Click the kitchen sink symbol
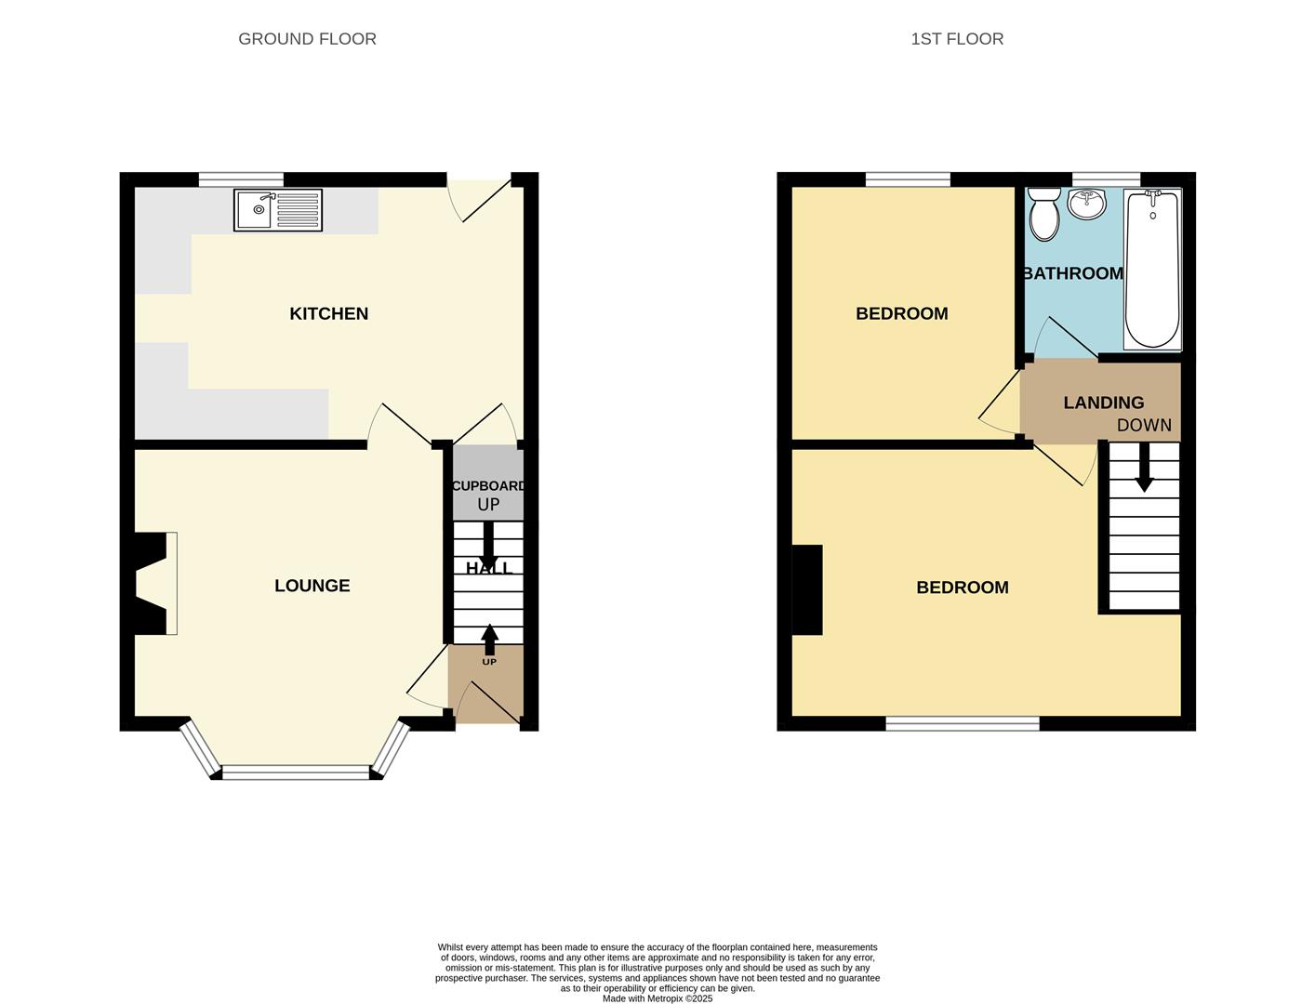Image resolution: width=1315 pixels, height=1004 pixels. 277,210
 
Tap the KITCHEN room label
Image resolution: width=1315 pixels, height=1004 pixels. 328,314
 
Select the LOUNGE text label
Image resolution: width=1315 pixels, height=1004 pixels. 312,586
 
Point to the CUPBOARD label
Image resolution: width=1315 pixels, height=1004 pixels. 488,486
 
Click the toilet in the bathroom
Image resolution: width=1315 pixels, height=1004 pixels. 1044,215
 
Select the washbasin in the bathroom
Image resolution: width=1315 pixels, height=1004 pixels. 1086,204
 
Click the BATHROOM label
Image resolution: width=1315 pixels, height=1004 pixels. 1072,273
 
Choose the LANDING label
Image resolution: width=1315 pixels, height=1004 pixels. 1103,403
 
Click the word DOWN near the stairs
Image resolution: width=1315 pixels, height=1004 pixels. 1144,426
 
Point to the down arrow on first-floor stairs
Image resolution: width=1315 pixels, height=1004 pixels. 1144,468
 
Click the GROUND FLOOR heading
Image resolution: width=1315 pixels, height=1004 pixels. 307,39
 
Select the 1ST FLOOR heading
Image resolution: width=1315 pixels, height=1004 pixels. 957,39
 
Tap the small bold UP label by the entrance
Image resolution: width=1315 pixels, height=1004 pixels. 489,662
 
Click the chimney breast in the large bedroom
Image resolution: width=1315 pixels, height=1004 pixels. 807,589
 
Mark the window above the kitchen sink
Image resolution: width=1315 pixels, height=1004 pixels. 241,179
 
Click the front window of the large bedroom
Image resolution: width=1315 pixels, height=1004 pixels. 962,723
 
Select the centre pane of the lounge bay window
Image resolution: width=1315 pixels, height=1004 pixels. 296,772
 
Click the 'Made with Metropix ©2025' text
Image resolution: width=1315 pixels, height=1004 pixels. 657,998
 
